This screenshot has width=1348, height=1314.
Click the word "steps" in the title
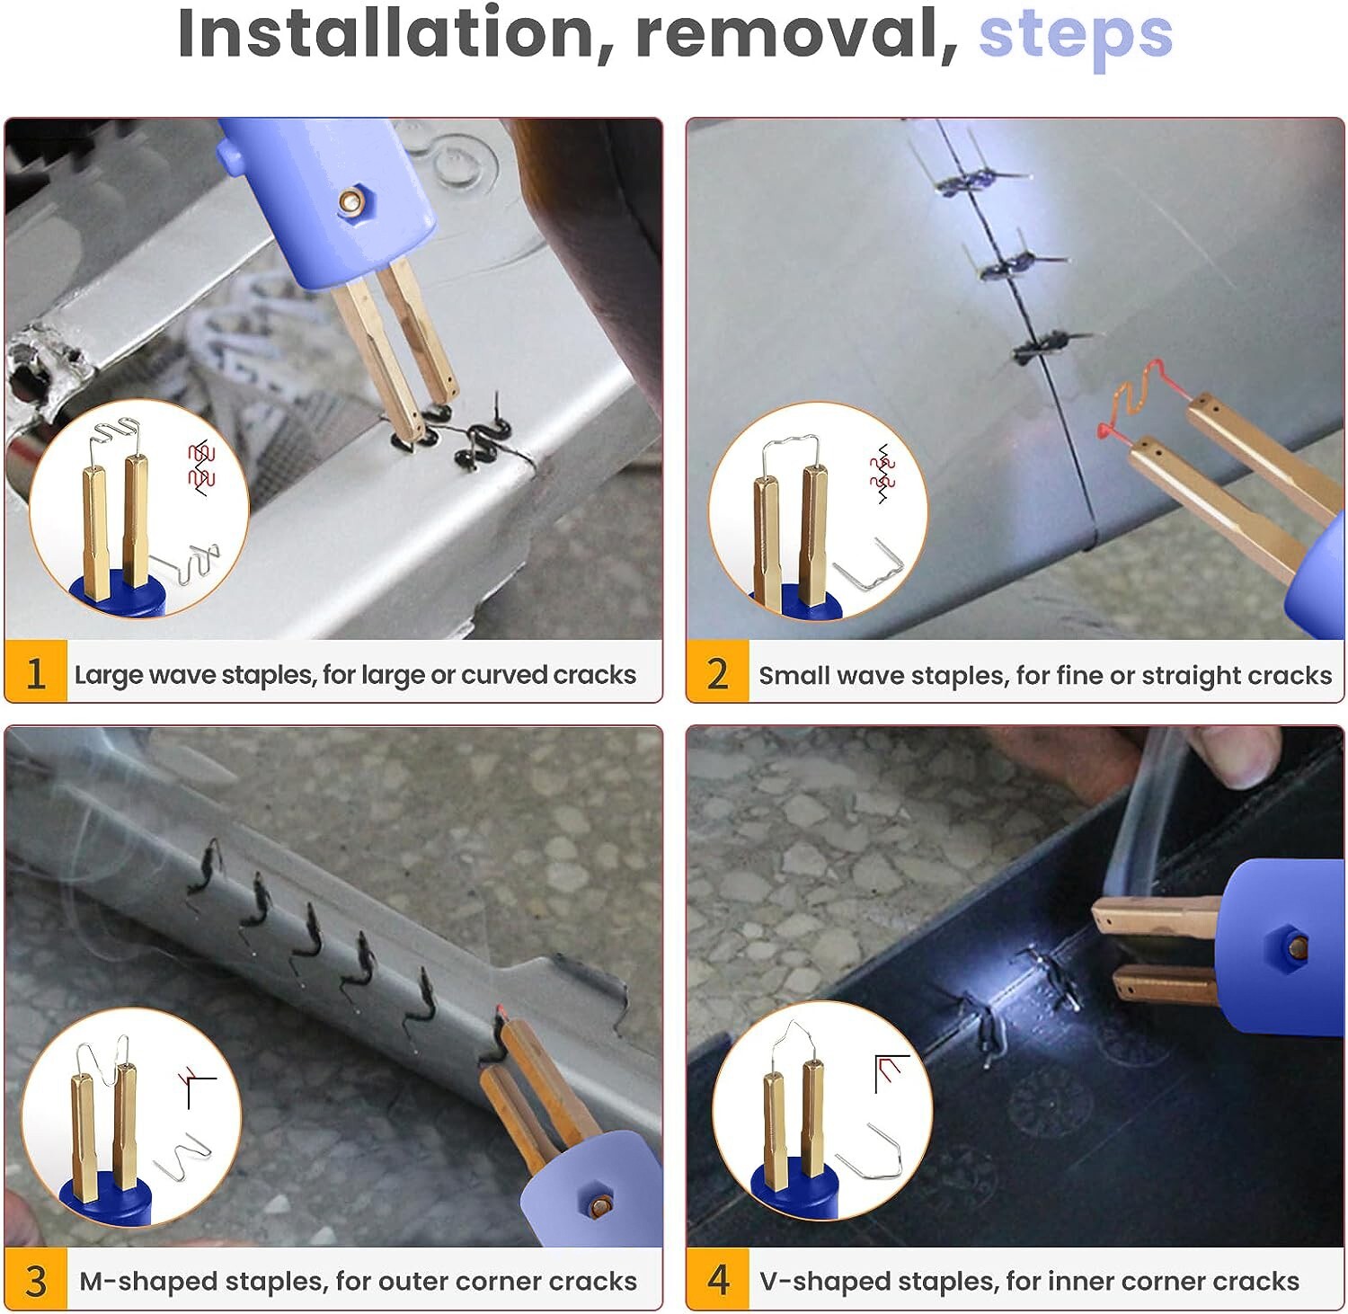pos(1076,36)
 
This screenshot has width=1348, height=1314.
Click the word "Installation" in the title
pos(386,33)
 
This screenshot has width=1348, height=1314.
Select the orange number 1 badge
pos(36,671)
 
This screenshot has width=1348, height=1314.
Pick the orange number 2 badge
pos(717,671)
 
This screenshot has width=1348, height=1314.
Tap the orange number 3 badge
pos(36,1280)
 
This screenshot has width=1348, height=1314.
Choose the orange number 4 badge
pos(717,1280)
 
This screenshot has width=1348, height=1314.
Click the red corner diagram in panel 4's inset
pos(891,1072)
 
